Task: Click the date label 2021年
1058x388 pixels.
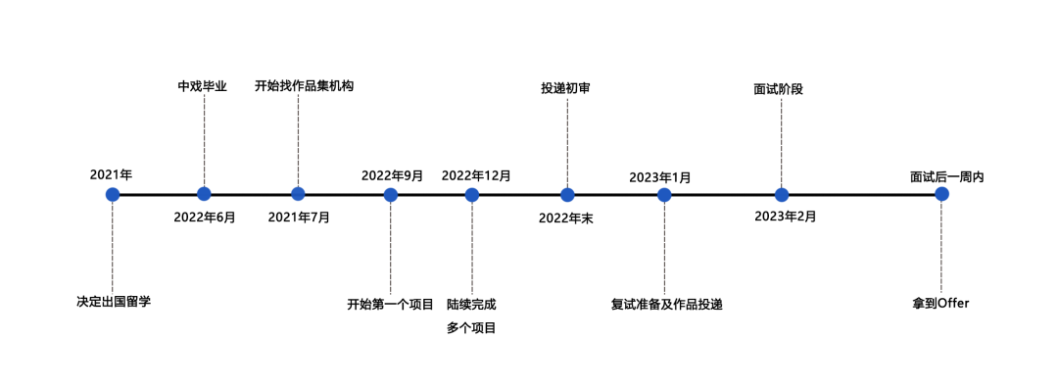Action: coord(111,174)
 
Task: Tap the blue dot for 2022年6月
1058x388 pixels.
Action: coord(204,194)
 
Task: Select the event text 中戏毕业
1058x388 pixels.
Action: coord(202,86)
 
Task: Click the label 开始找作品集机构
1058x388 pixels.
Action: coord(304,86)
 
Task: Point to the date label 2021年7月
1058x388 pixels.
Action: coord(299,217)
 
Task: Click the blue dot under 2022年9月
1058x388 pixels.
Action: coord(391,194)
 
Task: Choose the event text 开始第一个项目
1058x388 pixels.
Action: coord(390,304)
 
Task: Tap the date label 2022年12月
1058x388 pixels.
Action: coord(476,175)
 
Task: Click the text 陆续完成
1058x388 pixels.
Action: coord(471,304)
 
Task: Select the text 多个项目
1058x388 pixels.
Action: coord(471,328)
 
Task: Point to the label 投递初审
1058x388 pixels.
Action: coord(565,88)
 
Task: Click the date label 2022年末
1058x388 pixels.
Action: coord(565,218)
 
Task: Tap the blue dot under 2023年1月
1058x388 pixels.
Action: coord(664,194)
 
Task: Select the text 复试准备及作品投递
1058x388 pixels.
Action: coord(666,304)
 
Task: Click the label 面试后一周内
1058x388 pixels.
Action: coord(946,177)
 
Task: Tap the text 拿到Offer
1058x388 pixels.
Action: coord(940,304)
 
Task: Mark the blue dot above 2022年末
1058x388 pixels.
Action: coord(567,194)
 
